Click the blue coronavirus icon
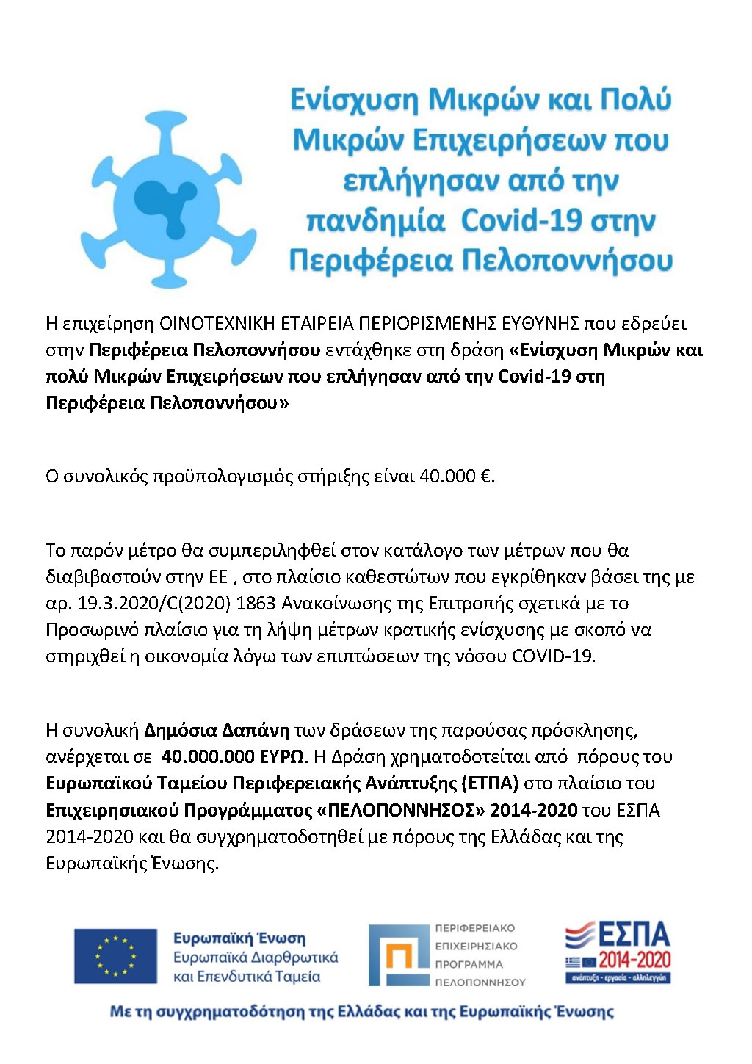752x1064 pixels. coord(169,199)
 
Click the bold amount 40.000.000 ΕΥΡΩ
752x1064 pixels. coord(233,757)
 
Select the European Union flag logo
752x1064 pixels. coord(115,956)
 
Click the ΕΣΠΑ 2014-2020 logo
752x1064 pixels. coord(618,952)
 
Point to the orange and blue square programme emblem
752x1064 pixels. coord(397,955)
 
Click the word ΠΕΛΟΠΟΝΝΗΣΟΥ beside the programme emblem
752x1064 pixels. coord(480,982)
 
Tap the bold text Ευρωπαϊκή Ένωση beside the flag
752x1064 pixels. coord(239,938)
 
